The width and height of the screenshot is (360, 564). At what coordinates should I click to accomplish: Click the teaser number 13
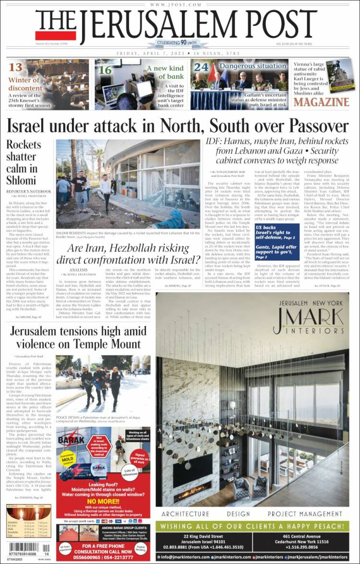[15, 67]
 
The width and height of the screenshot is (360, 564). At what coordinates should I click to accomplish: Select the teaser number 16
[105, 70]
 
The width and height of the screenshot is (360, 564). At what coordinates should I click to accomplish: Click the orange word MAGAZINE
[321, 102]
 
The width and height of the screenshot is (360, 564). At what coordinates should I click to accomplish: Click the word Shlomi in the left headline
[21, 180]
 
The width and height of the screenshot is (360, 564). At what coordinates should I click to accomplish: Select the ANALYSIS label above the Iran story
[78, 269]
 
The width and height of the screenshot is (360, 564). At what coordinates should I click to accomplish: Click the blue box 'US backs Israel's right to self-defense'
[276, 232]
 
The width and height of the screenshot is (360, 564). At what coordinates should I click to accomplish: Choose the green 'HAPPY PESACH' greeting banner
[252, 526]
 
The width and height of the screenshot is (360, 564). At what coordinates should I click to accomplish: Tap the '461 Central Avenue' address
[300, 536]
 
